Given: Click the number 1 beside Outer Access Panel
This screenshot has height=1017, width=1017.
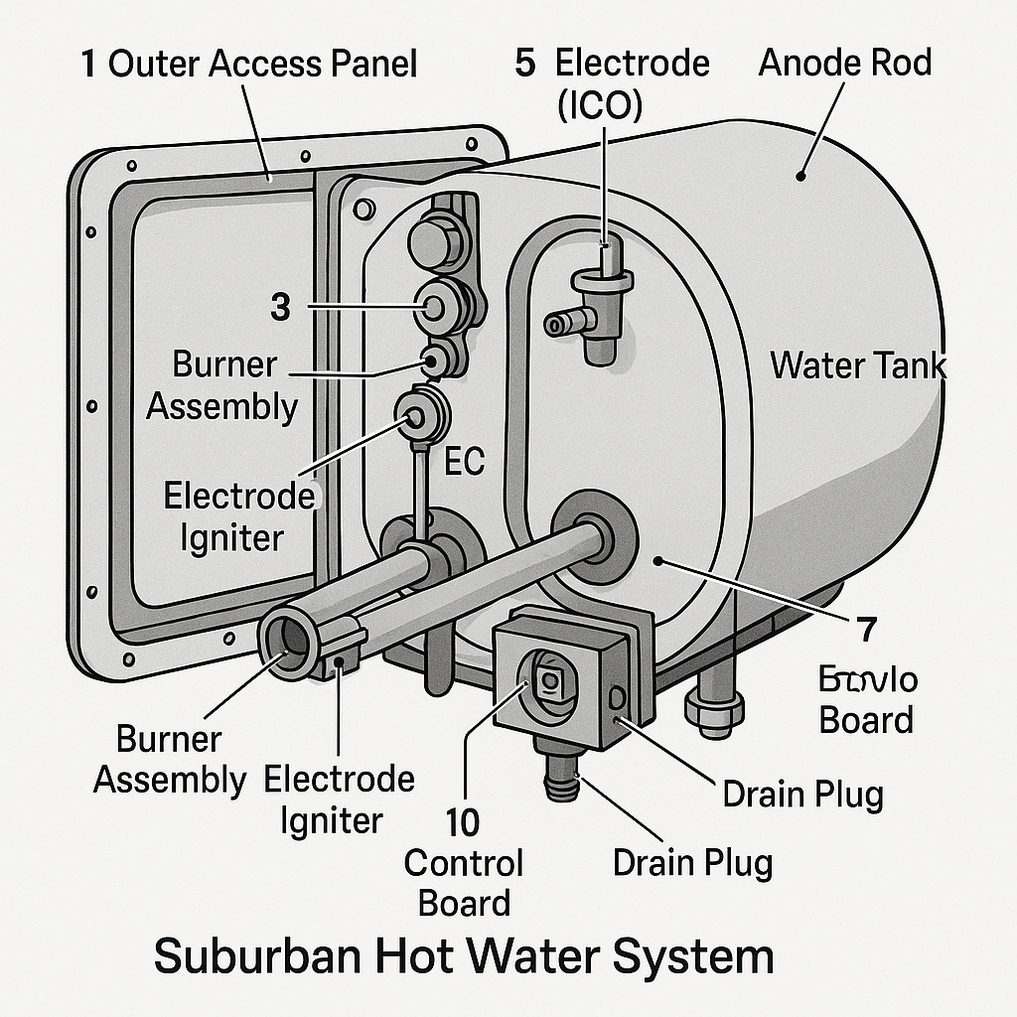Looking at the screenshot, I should coord(88,66).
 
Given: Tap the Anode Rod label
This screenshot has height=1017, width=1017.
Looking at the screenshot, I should coord(844,63).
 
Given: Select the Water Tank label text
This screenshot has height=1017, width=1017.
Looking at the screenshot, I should coord(858,365).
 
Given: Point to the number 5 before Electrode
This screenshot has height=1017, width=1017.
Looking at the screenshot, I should coord(525,64).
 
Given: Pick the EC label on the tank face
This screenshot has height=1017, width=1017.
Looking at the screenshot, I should coord(463,463).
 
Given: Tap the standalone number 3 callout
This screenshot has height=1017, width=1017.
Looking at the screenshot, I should coord(281,307).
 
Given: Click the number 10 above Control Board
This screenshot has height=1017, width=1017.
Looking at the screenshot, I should coord(462,821).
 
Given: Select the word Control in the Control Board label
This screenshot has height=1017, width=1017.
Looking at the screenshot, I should coord(463,863).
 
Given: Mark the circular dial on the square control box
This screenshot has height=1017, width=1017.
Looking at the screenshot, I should coord(544,677).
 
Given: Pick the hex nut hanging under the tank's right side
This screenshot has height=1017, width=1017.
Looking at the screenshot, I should coord(714,711).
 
